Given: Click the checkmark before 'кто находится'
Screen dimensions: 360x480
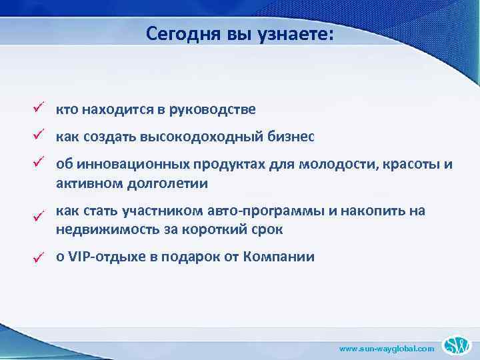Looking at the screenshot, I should [x=39, y=107].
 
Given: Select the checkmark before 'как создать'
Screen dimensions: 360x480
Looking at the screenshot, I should [x=39, y=136].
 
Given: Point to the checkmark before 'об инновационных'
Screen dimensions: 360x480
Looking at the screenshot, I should [x=39, y=164].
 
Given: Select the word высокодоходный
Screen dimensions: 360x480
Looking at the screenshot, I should [x=189, y=137].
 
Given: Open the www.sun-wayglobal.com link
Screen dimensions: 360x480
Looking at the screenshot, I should [x=387, y=348].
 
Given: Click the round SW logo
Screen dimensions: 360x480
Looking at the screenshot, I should [x=458, y=345].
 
